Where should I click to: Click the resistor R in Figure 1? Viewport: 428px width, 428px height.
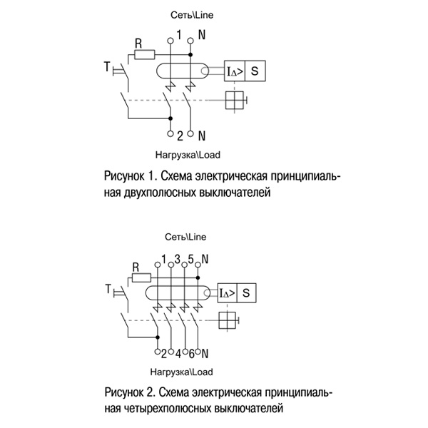(x=146, y=52)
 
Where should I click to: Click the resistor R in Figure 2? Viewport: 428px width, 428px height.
(x=141, y=277)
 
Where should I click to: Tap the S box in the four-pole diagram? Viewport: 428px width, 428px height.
(x=246, y=292)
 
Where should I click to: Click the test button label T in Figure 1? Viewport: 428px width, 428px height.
(x=107, y=68)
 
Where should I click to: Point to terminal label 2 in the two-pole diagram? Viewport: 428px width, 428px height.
(x=180, y=135)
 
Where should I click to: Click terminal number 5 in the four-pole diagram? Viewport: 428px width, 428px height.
(x=191, y=258)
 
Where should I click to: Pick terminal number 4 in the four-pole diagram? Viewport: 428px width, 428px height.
(x=178, y=353)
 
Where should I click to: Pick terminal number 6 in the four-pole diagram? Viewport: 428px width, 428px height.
(x=192, y=353)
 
